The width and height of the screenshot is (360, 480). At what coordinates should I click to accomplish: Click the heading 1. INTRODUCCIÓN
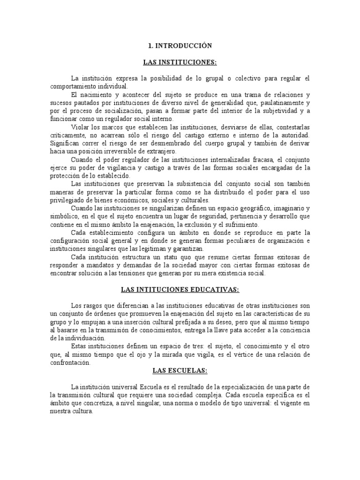[180, 46]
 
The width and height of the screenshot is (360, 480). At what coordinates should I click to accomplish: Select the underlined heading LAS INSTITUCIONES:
[180, 62]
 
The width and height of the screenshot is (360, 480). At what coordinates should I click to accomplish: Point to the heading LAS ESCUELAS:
[180, 371]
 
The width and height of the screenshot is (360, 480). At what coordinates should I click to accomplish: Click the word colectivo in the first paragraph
[250, 78]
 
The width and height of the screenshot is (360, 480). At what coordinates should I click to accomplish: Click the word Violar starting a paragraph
[80, 127]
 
